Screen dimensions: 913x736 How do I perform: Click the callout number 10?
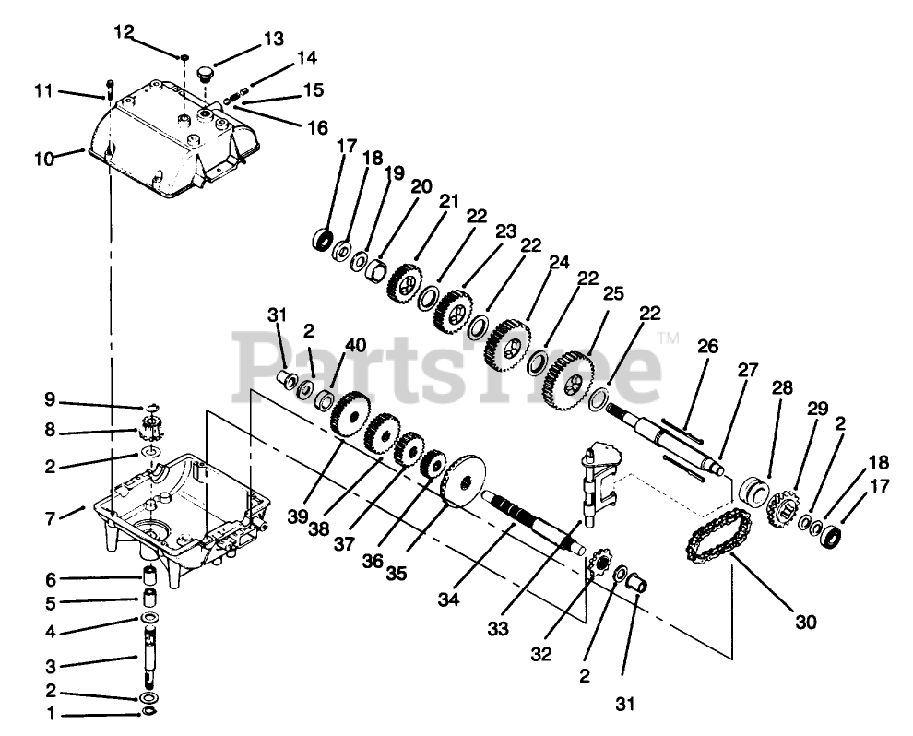(x=44, y=158)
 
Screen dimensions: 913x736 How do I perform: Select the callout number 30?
(x=805, y=623)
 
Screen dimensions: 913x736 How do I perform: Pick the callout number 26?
(x=707, y=348)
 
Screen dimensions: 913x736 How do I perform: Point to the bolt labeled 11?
(x=110, y=89)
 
